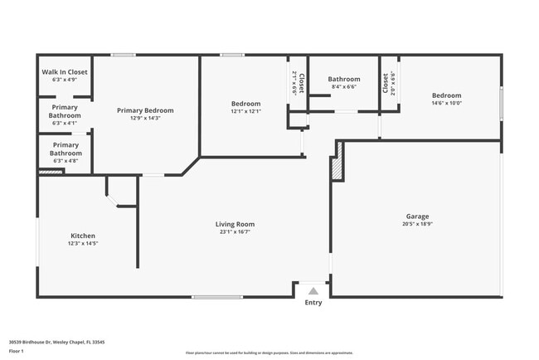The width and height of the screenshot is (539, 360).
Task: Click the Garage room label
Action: coord(417,216)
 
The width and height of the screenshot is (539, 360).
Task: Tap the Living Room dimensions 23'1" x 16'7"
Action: coord(235,232)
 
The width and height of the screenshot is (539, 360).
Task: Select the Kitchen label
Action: coord(83,235)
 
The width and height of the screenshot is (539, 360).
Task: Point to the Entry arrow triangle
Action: coord(313,291)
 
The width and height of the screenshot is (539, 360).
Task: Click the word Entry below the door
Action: coord(313,303)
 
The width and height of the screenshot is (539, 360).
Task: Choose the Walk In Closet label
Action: coord(65,72)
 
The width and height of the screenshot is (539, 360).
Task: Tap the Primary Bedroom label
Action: coord(145,110)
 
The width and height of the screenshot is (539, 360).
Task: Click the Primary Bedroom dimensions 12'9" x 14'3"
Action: coord(145,119)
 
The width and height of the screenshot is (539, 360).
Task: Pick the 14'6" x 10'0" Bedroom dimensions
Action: coord(446,104)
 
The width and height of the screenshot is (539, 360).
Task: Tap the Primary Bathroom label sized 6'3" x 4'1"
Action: coord(66,111)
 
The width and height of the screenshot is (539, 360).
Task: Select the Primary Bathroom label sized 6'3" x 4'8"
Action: coord(66,148)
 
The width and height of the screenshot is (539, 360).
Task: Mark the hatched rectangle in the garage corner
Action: coord(336,168)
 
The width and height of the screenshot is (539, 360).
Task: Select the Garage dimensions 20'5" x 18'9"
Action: coord(417,224)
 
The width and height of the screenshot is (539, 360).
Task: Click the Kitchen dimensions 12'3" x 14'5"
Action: coord(83,243)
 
